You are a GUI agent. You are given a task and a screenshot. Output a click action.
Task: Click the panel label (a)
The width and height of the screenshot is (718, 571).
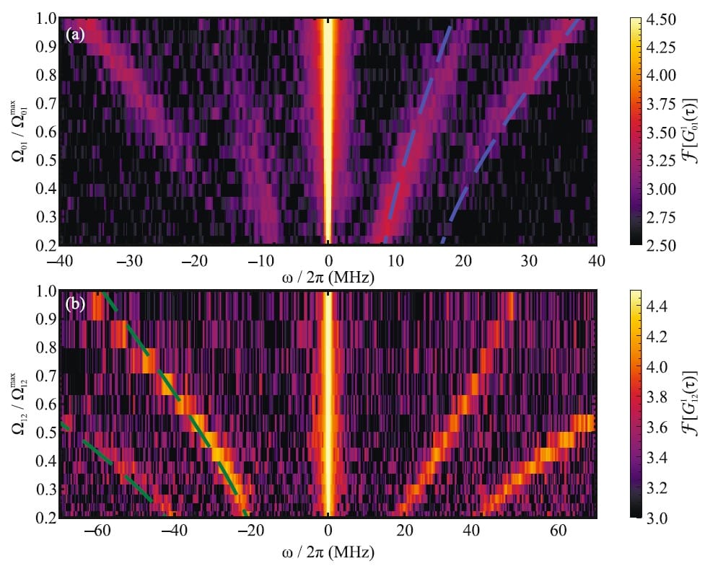pyautogui.click(x=75, y=33)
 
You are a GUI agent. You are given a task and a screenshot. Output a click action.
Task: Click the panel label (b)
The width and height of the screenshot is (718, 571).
pyautogui.click(x=75, y=304)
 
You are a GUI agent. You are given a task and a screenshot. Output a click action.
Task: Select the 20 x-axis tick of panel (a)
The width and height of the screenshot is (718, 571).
pyautogui.click(x=463, y=260)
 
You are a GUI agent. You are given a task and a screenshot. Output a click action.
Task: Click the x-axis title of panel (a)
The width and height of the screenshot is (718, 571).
pyautogui.click(x=328, y=276)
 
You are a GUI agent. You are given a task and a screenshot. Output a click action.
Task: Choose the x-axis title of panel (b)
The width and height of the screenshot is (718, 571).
pyautogui.click(x=328, y=553)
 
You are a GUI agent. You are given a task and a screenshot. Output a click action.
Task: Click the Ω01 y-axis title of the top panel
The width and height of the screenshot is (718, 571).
pyautogui.click(x=19, y=131)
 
